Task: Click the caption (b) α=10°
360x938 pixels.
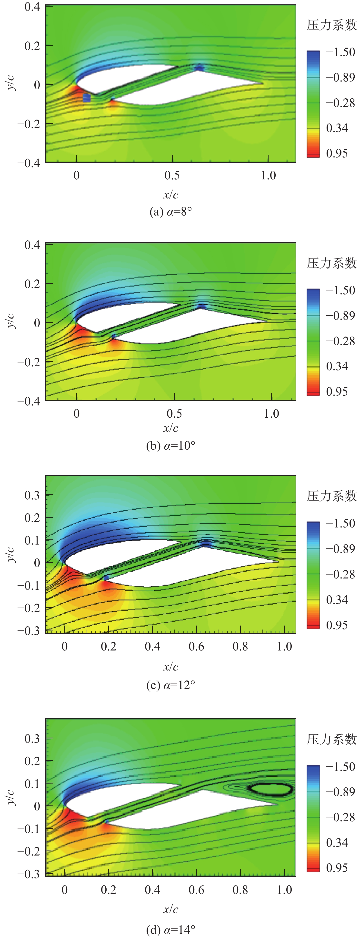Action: coord(170,446)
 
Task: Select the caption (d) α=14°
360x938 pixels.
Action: coord(170,930)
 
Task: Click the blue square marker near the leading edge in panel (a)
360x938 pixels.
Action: coord(87,98)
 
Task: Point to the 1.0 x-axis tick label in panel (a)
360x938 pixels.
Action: coord(268,175)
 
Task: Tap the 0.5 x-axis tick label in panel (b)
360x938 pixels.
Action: coord(174,414)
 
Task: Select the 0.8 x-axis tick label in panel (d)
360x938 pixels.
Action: coord(240,890)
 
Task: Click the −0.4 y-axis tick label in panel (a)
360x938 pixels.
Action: coord(28,163)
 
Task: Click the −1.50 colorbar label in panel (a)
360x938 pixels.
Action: coord(340,52)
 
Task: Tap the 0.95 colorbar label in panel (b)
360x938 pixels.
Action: coord(337,392)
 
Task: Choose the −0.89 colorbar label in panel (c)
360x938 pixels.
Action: coord(340,548)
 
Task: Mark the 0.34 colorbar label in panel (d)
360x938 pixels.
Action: coord(337,842)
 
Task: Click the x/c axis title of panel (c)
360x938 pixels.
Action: coord(170,666)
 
